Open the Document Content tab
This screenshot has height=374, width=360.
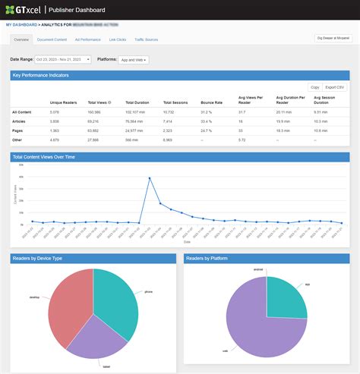click(52, 39)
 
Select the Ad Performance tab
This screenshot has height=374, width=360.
click(87, 39)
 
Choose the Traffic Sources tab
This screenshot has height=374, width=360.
click(146, 39)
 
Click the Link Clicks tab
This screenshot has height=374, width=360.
click(118, 39)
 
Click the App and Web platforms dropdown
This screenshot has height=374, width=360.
click(134, 59)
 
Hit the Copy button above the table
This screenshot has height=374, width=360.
click(314, 87)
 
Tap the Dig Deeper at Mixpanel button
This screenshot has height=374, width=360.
click(331, 37)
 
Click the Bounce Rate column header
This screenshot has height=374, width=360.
click(211, 102)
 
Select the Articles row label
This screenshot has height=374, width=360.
click(20, 121)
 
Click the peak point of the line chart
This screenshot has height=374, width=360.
click(149, 178)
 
